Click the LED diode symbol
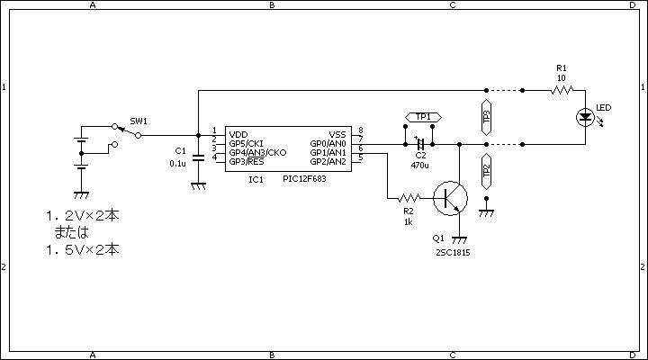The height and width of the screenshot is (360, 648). tap(585, 118)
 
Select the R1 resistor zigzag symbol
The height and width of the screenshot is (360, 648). tap(562, 90)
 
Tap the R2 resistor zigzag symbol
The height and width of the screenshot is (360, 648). tap(409, 198)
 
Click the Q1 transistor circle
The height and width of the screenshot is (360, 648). tap(451, 198)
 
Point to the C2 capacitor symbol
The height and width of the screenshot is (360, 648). tap(420, 144)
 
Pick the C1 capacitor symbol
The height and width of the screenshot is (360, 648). tap(198, 157)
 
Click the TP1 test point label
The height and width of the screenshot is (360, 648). tap(423, 117)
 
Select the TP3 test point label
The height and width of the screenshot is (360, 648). tap(486, 117)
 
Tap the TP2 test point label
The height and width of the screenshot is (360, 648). tap(486, 172)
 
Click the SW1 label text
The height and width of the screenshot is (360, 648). tap(139, 121)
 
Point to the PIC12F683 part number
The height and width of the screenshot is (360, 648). tap(304, 179)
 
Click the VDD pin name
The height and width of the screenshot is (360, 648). tap(238, 135)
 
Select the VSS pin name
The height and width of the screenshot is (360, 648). tap(337, 135)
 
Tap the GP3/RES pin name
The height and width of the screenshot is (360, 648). tap(247, 162)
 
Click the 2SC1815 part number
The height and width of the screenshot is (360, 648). tap(453, 253)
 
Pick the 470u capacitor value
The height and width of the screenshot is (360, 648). tap(420, 166)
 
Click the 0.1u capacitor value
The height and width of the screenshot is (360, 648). tap(177, 164)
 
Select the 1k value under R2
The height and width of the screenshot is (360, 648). tap(409, 222)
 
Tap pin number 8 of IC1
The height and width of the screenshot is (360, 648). tap(360, 130)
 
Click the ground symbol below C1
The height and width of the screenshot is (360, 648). tap(198, 187)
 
